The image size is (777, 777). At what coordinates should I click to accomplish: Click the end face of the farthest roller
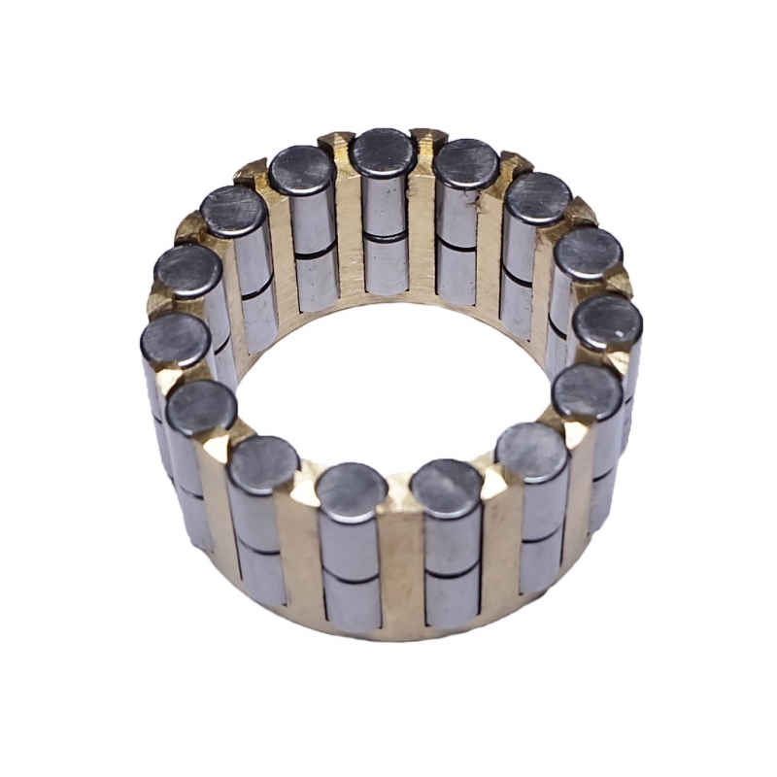point(384,152)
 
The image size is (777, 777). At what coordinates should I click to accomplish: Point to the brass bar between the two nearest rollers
point(399,554)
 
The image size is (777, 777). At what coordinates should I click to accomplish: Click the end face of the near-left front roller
point(352,491)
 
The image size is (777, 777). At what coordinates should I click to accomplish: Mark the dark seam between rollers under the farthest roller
point(386,236)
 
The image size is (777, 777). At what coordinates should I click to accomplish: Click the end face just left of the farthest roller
point(303,171)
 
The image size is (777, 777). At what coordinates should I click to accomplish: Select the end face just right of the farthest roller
point(466,163)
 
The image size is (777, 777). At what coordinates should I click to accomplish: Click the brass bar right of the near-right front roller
point(499,549)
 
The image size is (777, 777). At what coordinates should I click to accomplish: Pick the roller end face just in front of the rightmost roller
point(587,391)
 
